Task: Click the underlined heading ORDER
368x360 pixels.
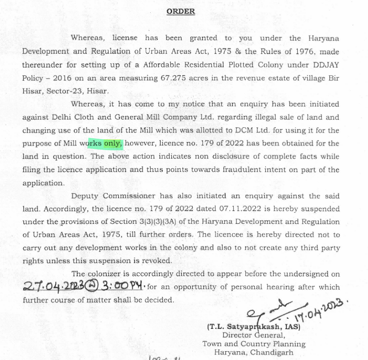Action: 180,12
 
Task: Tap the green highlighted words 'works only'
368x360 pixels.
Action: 105,143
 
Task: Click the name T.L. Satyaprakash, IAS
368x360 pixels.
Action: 253,327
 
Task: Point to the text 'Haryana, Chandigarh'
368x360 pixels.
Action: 253,353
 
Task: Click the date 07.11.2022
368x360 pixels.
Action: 220,209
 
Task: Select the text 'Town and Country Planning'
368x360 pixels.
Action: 253,344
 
